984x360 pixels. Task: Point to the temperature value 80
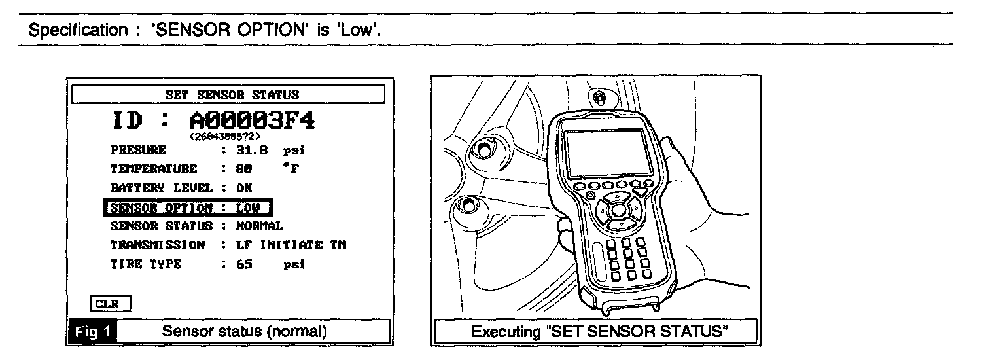coord(243,169)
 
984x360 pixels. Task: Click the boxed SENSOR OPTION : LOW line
coord(188,207)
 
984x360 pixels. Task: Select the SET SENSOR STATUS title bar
coord(228,94)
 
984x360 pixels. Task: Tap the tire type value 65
coord(243,265)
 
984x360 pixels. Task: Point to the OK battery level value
coord(243,188)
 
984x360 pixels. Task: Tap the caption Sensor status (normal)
coord(244,331)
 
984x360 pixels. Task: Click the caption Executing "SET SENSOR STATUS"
coord(600,331)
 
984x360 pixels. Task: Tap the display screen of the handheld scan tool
coord(605,153)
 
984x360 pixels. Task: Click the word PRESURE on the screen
coord(138,151)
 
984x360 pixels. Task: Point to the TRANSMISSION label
coord(158,245)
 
